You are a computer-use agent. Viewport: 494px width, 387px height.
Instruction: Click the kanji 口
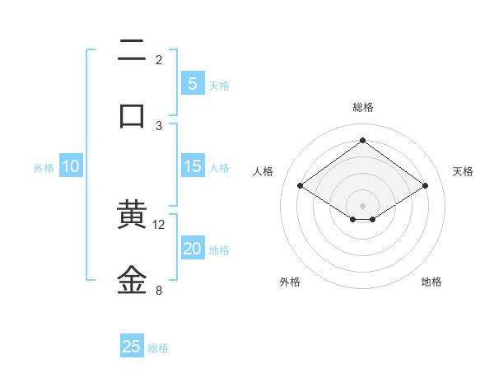[132, 115]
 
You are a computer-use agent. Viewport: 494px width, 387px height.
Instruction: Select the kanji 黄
[132, 216]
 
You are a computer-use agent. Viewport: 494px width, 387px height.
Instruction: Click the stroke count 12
[159, 225]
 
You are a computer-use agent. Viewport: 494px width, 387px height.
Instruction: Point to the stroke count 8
[159, 290]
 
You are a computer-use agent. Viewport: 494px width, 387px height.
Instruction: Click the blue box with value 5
[192, 83]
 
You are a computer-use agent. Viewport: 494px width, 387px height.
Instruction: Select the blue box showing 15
[192, 166]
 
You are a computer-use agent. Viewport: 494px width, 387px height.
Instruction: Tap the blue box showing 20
[192, 249]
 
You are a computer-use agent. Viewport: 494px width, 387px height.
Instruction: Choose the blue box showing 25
[132, 347]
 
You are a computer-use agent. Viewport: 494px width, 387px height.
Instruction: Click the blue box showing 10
[71, 166]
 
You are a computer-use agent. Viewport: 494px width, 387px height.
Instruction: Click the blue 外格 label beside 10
[44, 168]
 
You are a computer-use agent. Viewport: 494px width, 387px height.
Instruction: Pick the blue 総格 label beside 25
[158, 348]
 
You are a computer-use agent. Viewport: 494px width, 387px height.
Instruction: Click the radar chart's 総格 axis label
[363, 107]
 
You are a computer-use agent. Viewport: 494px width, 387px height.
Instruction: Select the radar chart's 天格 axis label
[464, 171]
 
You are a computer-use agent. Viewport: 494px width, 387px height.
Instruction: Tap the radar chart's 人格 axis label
[263, 171]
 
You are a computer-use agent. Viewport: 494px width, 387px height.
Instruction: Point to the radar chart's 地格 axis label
[431, 282]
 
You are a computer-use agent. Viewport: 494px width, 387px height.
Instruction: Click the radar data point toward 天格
[425, 186]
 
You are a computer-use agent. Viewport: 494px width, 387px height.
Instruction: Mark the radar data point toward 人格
[301, 186]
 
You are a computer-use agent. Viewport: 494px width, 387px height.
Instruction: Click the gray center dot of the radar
[363, 205]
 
